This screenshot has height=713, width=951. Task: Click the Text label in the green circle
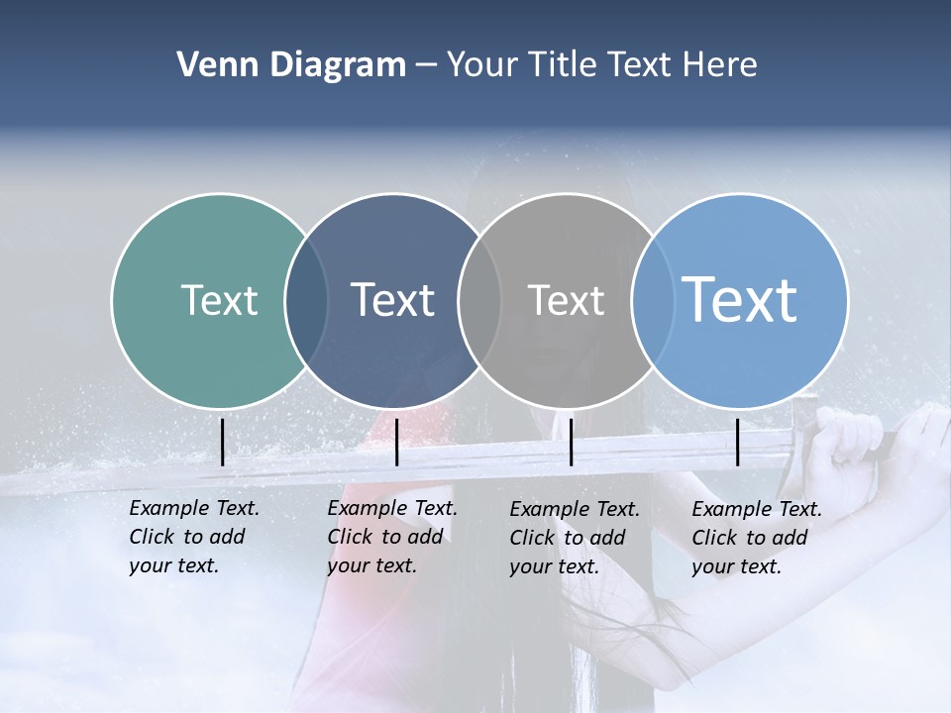[219, 300]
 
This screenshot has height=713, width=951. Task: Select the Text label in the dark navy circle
[392, 300]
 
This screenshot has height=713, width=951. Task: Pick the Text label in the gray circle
[566, 300]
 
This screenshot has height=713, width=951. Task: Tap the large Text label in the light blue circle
[739, 300]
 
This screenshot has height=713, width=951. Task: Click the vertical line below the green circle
[222, 442]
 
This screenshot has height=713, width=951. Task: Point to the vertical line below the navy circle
[396, 442]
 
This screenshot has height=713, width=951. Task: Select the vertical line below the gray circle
[571, 442]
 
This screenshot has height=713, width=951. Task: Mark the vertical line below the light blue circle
[738, 442]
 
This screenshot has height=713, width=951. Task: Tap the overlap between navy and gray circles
[479, 301]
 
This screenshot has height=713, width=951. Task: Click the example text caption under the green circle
[193, 537]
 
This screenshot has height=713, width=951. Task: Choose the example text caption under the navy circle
[391, 537]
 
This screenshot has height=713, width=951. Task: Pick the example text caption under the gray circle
[574, 538]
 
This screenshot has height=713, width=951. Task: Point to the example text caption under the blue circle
[756, 538]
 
